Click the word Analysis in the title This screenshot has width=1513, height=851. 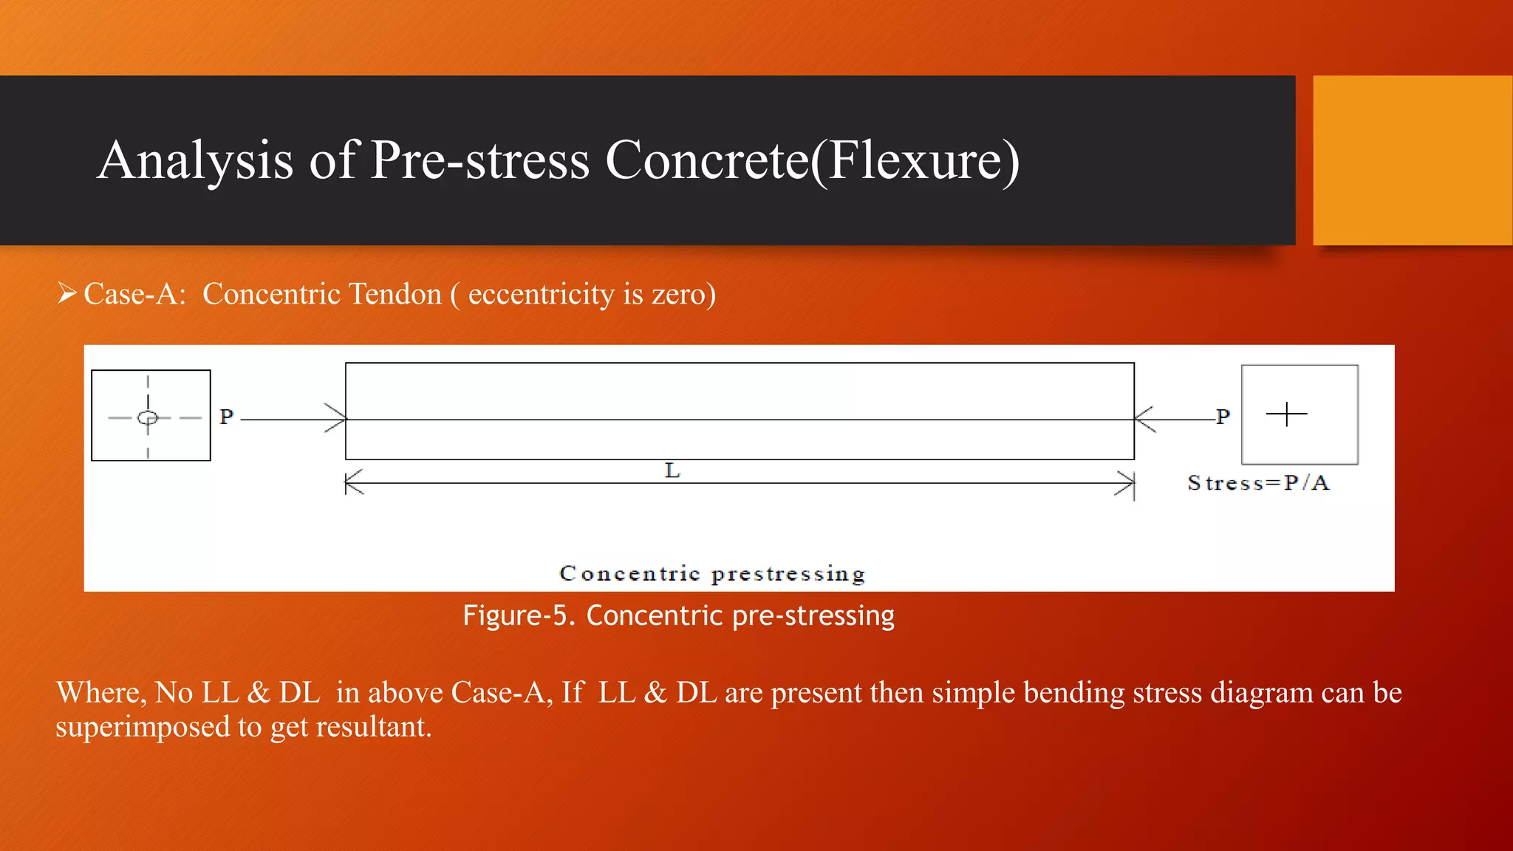click(195, 161)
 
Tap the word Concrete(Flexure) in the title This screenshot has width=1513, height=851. click(812, 161)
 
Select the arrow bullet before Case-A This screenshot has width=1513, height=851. click(67, 294)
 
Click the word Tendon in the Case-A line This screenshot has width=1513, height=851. click(395, 294)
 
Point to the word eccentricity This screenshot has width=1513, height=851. click(542, 294)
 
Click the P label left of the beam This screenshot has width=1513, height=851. click(227, 417)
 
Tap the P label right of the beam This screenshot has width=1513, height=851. click(1223, 417)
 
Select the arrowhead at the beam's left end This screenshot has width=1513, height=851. click(337, 419)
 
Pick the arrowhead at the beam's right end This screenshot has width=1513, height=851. click(1144, 419)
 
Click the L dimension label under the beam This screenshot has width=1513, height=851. click(672, 471)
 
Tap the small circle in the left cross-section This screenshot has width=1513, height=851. click(148, 418)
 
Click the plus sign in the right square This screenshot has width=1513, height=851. click(1286, 414)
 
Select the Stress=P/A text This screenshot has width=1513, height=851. click(1258, 483)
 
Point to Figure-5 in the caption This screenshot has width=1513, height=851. click(517, 615)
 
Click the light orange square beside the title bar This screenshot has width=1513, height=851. click(1413, 160)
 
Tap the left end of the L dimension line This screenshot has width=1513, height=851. click(347, 483)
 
